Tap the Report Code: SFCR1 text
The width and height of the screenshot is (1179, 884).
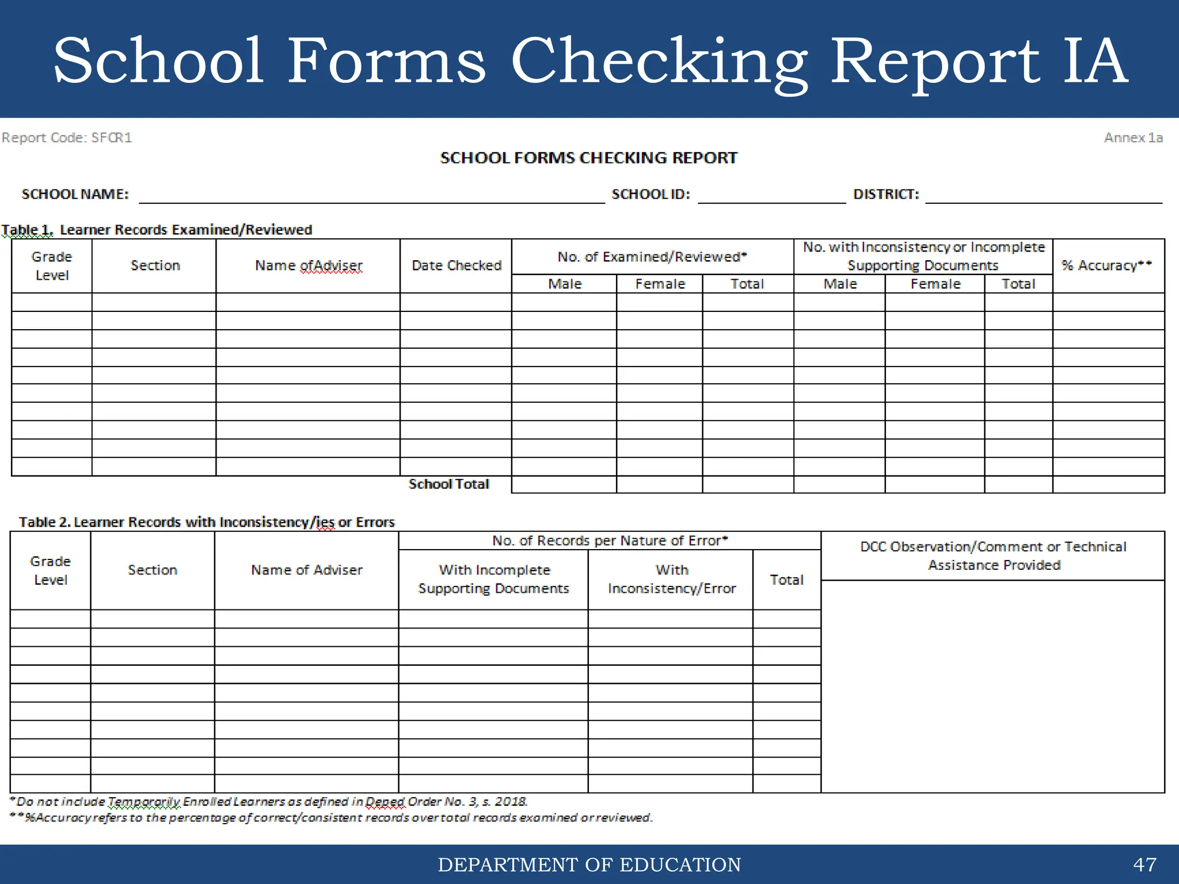click(67, 138)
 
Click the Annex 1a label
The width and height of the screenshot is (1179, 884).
click(1133, 138)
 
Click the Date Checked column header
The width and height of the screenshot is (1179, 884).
click(456, 265)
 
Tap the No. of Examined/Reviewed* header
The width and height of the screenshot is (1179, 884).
click(652, 257)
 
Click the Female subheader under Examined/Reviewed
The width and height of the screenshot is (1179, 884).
click(660, 284)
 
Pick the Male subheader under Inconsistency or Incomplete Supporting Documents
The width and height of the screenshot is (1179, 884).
click(839, 284)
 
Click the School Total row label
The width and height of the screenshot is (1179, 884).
click(448, 484)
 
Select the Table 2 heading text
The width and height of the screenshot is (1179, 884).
click(207, 522)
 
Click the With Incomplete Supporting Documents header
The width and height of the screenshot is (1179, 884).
click(493, 579)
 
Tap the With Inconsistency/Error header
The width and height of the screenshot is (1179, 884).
click(671, 579)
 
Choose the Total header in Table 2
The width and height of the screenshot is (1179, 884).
click(786, 580)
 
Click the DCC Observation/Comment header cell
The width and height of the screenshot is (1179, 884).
click(993, 555)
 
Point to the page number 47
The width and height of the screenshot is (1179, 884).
click(1144, 864)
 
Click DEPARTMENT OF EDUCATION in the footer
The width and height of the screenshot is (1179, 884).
click(589, 864)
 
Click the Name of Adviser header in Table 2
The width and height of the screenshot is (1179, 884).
click(306, 570)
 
